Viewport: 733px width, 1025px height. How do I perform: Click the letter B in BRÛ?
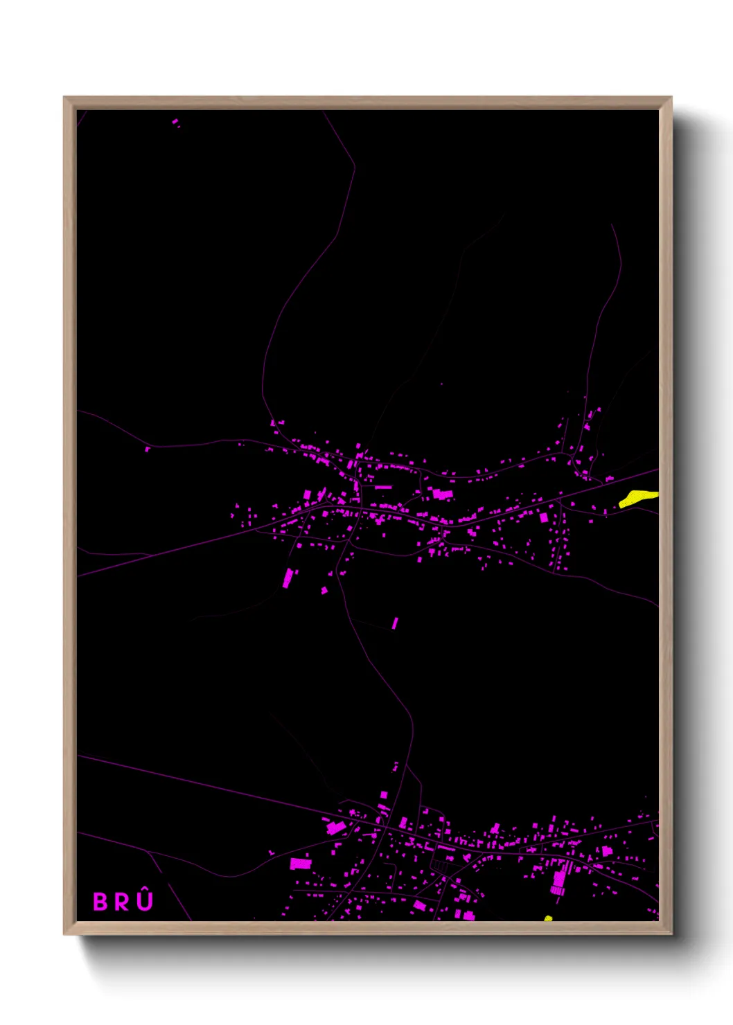click(100, 902)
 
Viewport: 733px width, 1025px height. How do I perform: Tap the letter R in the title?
click(122, 902)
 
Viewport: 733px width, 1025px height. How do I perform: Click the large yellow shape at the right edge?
click(637, 497)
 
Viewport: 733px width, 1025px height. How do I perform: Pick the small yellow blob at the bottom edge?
click(548, 919)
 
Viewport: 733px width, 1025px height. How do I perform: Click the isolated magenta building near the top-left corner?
click(175, 122)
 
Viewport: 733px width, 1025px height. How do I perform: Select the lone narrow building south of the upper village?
click(395, 623)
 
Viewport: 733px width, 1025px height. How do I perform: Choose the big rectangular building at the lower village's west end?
click(301, 864)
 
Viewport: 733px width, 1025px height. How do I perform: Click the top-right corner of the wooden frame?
click(671, 98)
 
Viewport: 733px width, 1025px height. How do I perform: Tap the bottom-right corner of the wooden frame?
click(671, 934)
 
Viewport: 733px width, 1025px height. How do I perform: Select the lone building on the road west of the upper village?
click(147, 449)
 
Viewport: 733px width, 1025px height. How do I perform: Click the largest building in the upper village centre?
click(442, 494)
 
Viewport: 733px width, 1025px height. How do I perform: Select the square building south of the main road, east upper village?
click(544, 517)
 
